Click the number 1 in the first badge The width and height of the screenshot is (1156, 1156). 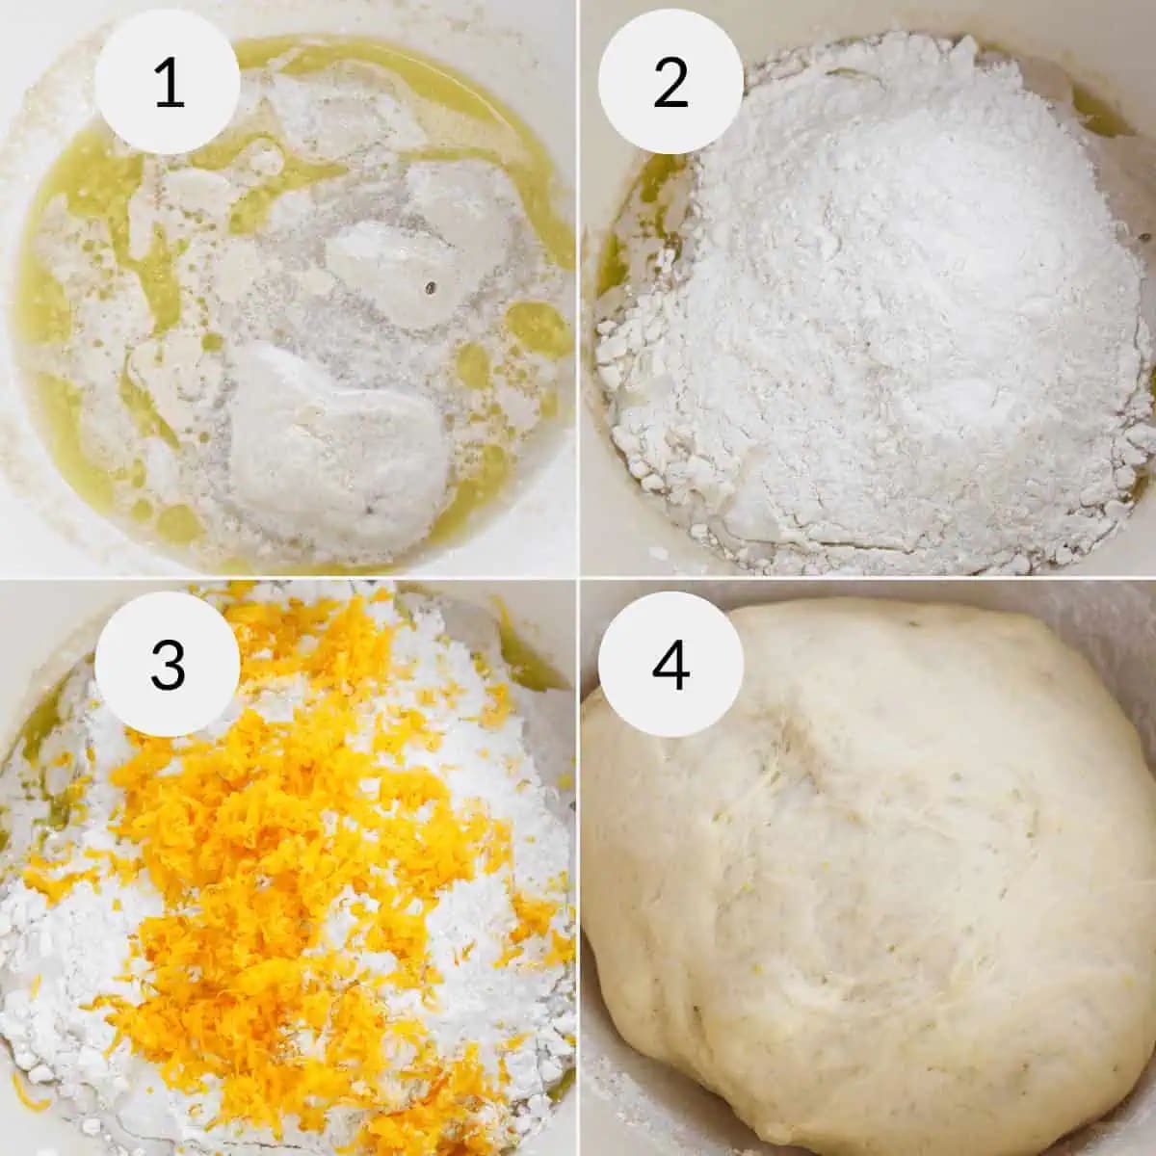170,83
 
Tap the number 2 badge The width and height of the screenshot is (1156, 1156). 670,83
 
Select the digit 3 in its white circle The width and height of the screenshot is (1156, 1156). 168,665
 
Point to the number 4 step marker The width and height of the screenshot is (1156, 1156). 670,665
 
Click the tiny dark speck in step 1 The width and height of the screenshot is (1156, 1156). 430,288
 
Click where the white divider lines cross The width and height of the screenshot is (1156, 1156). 578,578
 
